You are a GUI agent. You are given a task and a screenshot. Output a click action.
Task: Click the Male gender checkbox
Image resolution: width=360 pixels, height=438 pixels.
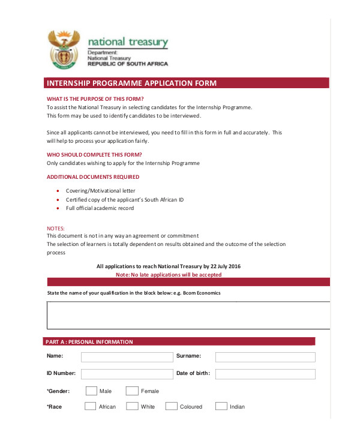coord(91,391)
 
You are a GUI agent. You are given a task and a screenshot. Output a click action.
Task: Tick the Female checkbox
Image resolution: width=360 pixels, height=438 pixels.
coord(132,391)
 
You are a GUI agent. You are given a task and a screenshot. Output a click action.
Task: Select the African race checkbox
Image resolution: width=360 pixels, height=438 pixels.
coord(90,406)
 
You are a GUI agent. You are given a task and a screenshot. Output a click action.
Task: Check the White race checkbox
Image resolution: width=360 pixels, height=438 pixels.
coord(131,406)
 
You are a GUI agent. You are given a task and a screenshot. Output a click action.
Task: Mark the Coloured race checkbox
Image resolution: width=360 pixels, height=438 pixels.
coord(171,406)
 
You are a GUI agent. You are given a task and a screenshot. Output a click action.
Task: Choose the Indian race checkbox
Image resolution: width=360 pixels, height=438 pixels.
coord(221,406)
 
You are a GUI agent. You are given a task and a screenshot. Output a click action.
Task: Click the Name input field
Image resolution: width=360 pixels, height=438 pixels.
coord(127,357)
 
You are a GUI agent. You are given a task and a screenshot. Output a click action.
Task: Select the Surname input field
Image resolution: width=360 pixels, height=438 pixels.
coord(265,357)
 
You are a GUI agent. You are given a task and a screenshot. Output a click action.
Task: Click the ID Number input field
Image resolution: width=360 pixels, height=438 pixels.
coord(127,374)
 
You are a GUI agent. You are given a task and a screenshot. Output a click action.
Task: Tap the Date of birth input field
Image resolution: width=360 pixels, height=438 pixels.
coord(265,374)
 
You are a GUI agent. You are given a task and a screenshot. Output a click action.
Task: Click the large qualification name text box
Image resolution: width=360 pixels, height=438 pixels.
coord(188,315)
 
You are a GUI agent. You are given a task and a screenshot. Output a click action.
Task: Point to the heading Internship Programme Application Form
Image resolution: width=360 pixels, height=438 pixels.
coord(131,83)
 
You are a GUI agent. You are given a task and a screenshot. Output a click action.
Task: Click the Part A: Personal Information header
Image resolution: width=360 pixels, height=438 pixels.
coord(89,342)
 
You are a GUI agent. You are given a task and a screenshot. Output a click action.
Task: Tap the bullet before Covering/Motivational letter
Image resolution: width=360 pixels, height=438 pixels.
coord(57,190)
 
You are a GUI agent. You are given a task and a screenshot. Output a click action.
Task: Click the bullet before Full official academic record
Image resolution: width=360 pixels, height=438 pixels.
coord(57,208)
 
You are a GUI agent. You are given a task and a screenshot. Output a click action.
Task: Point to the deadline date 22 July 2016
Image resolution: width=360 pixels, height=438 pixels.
coord(226,266)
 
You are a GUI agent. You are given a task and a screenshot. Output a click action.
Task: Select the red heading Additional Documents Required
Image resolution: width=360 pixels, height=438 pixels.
coord(93,177)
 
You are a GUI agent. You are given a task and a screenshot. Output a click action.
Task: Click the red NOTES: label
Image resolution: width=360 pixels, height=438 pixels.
coord(56,228)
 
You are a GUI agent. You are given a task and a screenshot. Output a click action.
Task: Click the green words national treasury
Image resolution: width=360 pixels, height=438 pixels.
coord(128,42)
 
